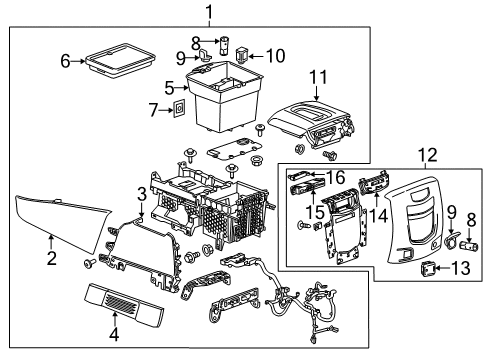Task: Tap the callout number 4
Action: pos(115,334)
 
